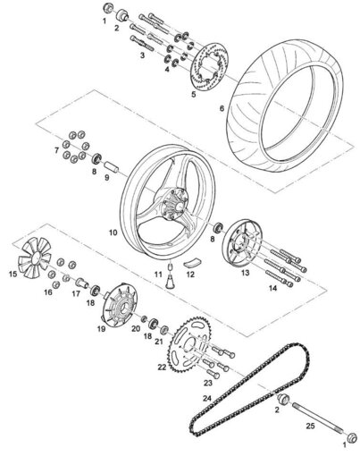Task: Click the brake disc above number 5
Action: click(x=208, y=66)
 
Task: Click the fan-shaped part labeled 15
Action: click(x=34, y=258)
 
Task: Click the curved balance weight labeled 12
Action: click(x=192, y=262)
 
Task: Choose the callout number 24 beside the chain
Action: click(x=207, y=398)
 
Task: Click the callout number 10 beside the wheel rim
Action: click(x=113, y=232)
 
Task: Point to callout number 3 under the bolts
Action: click(x=142, y=55)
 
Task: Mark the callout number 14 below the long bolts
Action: click(x=272, y=288)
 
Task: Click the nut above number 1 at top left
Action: click(x=108, y=8)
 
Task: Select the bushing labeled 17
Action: click(x=82, y=283)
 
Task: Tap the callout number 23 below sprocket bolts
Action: click(x=208, y=383)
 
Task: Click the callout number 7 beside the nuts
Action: click(x=56, y=150)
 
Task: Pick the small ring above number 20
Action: click(x=144, y=318)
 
